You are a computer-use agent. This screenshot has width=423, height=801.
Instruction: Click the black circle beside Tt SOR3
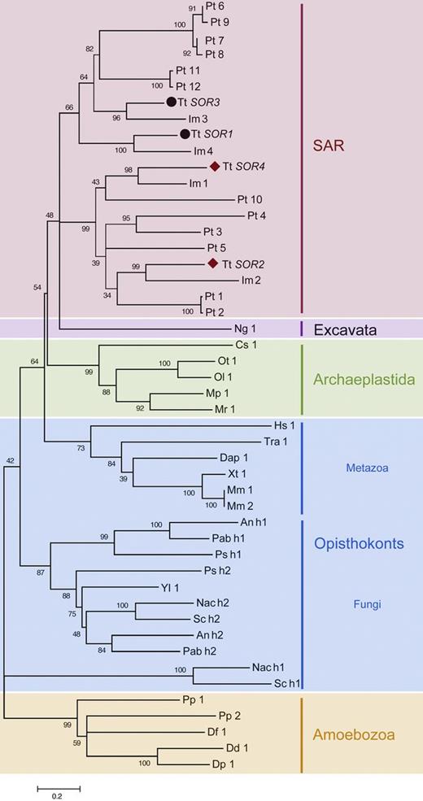[x=171, y=102]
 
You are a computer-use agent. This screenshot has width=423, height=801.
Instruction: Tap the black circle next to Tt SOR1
[x=185, y=134]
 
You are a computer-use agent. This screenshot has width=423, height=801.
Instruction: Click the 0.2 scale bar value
[x=58, y=796]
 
